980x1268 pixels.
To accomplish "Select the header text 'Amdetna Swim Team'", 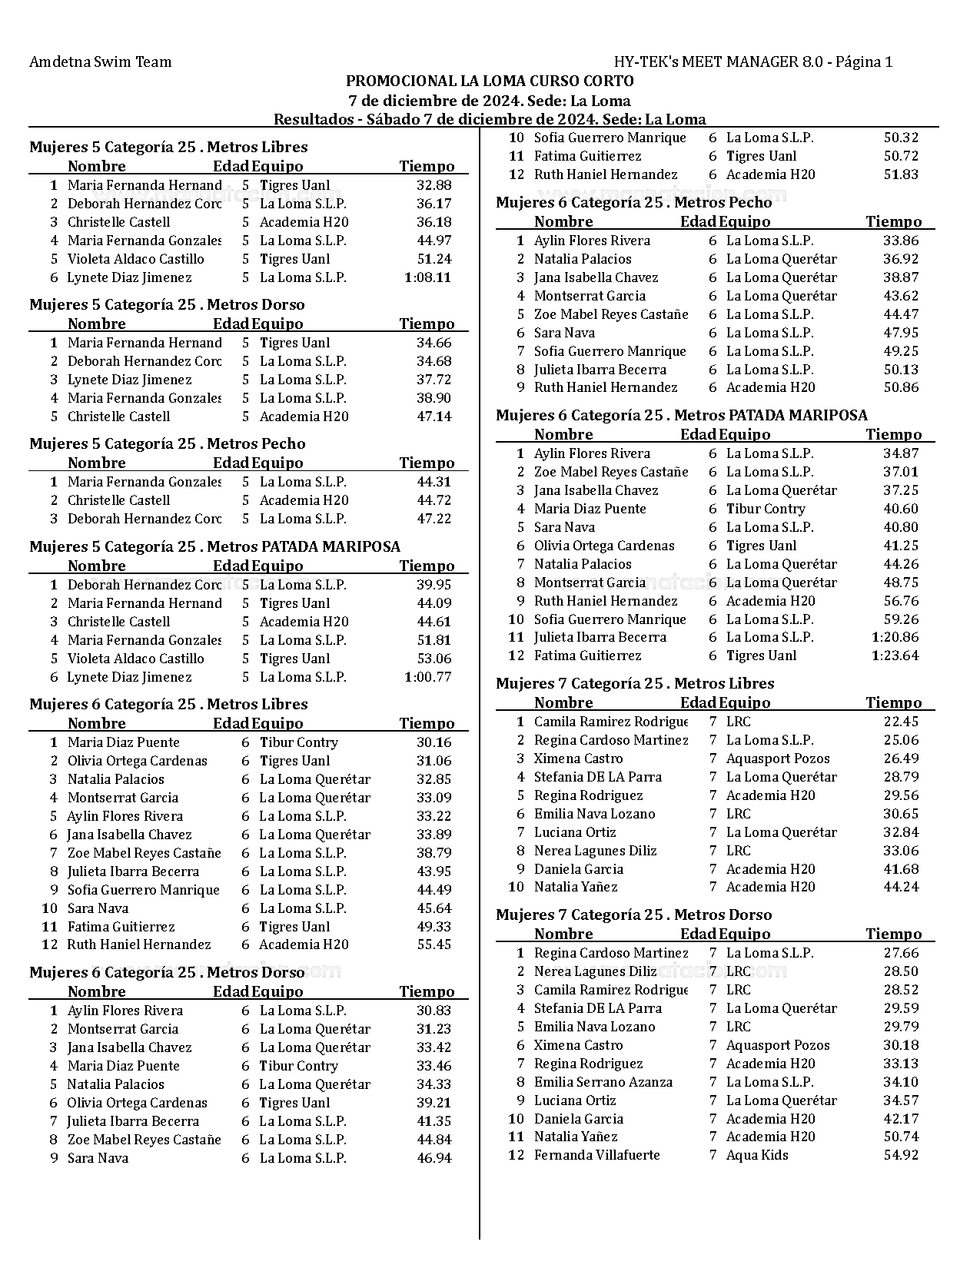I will point(100,61).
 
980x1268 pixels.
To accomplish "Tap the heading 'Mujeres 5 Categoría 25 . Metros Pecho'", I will point(167,443).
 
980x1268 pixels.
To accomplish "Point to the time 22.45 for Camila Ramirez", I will point(901,722).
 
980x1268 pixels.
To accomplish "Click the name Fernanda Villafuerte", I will point(596,1155).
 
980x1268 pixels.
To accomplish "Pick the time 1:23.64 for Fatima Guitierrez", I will point(895,656).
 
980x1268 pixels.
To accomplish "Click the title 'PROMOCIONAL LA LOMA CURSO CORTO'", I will point(490,81).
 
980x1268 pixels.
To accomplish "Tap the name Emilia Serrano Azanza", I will point(603,1082).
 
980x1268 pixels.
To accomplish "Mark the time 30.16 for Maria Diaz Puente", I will point(434,742).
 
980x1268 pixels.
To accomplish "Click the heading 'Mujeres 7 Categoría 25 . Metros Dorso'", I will point(633,914).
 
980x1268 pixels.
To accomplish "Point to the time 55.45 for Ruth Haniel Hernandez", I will point(434,944).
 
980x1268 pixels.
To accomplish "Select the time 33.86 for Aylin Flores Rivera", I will point(901,241).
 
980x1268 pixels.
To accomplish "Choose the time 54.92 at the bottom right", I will point(901,1155).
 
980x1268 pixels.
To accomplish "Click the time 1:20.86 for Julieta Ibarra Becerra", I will point(895,637).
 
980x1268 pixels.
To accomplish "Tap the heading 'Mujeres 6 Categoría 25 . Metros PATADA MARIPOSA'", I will point(681,415).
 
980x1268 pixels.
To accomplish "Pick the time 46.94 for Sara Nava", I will point(434,1158).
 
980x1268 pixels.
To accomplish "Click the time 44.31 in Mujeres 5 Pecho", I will point(434,482).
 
